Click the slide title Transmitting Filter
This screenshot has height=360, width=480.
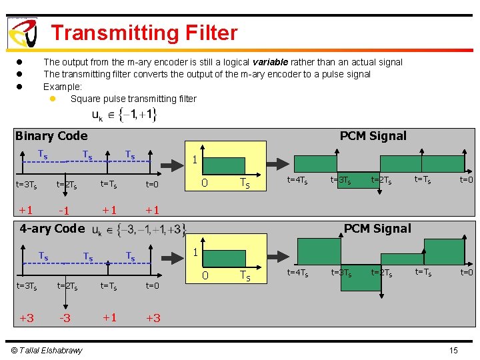(144, 33)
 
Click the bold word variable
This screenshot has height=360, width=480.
(270, 62)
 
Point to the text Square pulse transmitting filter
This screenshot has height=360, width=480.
(133, 99)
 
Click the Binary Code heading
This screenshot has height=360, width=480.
(51, 136)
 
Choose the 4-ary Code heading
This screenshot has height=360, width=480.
(52, 229)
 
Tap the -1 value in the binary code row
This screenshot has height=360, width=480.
(65, 211)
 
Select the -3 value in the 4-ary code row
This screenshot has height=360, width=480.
(65, 318)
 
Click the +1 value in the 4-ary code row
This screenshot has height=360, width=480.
(109, 317)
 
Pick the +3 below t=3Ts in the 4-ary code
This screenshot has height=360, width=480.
(27, 318)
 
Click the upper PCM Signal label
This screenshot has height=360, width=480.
(373, 136)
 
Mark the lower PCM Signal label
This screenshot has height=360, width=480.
(377, 229)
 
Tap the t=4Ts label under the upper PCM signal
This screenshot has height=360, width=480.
(297, 180)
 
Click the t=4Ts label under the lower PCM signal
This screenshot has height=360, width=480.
(297, 272)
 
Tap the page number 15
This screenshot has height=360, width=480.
(453, 351)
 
